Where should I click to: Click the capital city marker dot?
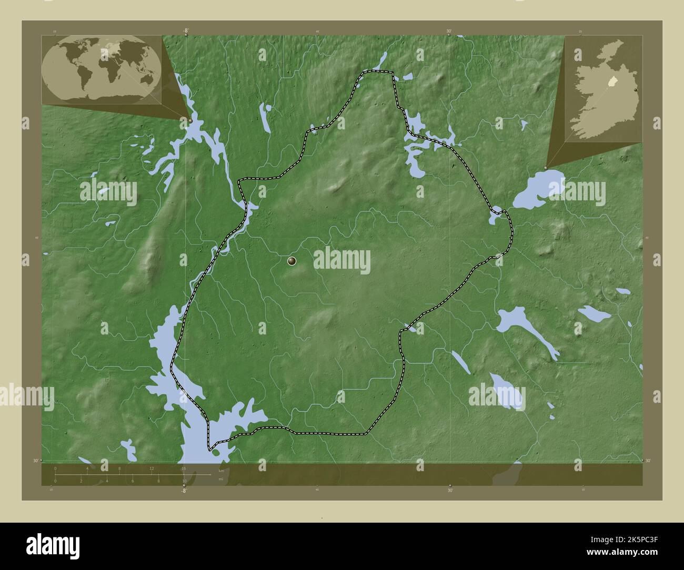click(x=292, y=261)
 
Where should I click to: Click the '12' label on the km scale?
click(x=152, y=468)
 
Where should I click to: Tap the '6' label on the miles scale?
click(x=133, y=481)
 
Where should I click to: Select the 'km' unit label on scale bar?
click(x=221, y=471)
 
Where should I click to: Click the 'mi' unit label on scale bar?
click(x=221, y=478)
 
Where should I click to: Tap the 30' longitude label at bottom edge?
click(x=450, y=490)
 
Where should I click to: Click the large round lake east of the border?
click(x=537, y=190)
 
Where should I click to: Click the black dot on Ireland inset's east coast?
click(x=638, y=91)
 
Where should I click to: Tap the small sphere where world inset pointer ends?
click(x=190, y=120)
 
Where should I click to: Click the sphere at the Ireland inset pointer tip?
click(x=546, y=168)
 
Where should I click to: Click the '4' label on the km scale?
click(x=87, y=468)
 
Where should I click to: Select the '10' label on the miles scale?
click(x=184, y=481)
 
